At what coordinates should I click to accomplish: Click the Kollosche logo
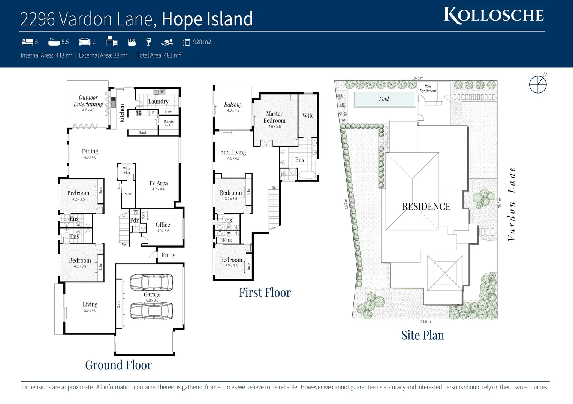(x=494, y=16)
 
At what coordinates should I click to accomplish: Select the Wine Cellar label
(x=126, y=171)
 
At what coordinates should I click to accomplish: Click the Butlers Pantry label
(x=169, y=123)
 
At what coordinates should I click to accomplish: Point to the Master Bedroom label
(x=274, y=117)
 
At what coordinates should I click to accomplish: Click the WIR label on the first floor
(x=307, y=116)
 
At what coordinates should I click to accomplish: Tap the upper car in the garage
(x=151, y=283)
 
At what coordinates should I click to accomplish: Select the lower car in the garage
(x=151, y=310)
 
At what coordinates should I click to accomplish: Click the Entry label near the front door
(x=168, y=255)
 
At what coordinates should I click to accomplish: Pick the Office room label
(x=163, y=225)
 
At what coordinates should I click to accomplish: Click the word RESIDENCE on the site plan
(x=426, y=207)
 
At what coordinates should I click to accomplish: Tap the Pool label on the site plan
(x=384, y=99)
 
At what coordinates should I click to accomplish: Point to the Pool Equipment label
(x=428, y=88)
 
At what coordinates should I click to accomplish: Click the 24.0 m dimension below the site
(x=425, y=322)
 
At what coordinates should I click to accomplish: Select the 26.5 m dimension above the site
(x=418, y=78)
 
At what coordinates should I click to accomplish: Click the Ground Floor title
(x=118, y=365)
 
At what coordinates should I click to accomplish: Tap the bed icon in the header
(x=27, y=42)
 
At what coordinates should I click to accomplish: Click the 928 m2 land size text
(x=202, y=42)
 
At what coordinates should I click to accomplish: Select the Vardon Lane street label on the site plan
(x=512, y=204)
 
